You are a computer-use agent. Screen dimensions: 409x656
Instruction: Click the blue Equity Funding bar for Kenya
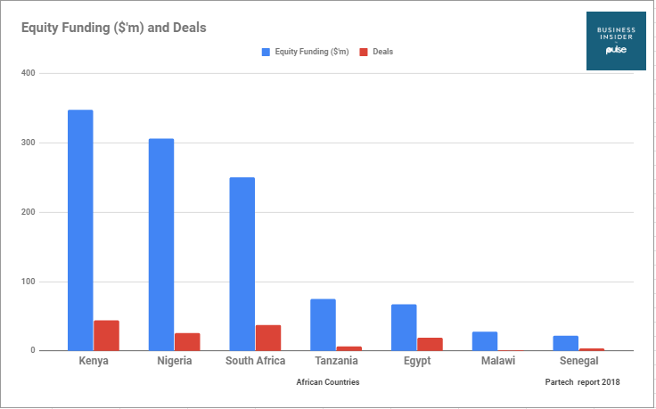[80, 230]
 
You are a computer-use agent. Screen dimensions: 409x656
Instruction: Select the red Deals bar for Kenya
[106, 335]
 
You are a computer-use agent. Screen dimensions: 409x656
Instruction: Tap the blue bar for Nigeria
[161, 244]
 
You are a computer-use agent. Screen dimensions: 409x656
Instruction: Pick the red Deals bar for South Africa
[268, 338]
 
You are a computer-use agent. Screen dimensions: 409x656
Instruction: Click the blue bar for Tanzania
[323, 324]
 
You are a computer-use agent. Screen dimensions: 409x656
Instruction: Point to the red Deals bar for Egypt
[430, 344]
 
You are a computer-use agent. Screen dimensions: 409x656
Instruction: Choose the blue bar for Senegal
[565, 343]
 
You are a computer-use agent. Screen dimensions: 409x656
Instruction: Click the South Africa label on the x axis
[255, 361]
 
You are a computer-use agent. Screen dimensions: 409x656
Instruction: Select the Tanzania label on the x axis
[336, 361]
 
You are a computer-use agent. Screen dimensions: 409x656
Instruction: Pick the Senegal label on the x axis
[578, 361]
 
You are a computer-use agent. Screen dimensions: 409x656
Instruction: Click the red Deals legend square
[364, 52]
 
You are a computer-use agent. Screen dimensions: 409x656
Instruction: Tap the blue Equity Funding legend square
[265, 52]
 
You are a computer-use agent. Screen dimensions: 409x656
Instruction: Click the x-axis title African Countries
[328, 382]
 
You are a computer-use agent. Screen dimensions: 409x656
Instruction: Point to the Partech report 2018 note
[581, 382]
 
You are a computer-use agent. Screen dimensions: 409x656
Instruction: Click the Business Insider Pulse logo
[615, 42]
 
